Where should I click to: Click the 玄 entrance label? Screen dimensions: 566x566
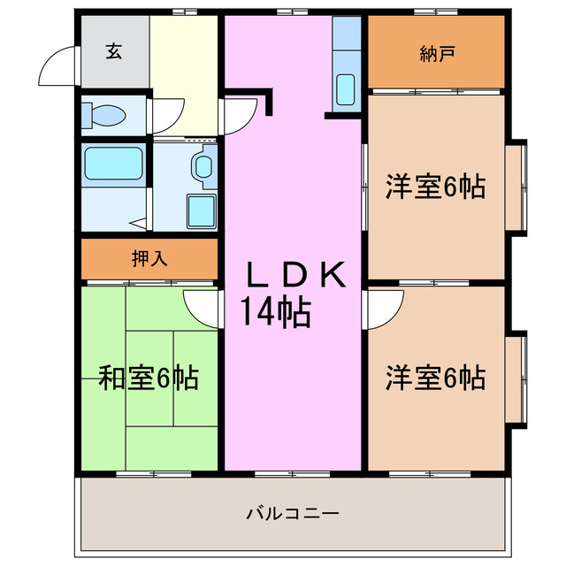pyautogui.click(x=114, y=52)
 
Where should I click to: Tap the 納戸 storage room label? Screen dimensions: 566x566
pyautogui.click(x=437, y=54)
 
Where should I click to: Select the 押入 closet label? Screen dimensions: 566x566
pyautogui.click(x=149, y=259)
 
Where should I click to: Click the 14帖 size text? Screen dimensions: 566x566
pyautogui.click(x=274, y=310)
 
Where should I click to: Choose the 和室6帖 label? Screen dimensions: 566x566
pyautogui.click(x=148, y=378)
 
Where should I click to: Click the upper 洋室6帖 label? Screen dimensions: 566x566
pyautogui.click(x=435, y=187)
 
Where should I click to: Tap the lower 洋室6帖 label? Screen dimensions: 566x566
pyautogui.click(x=435, y=378)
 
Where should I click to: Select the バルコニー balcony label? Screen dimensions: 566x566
pyautogui.click(x=293, y=512)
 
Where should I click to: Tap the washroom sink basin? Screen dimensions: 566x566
pyautogui.click(x=204, y=164)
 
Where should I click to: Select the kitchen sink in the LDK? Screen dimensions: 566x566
pyautogui.click(x=346, y=89)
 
